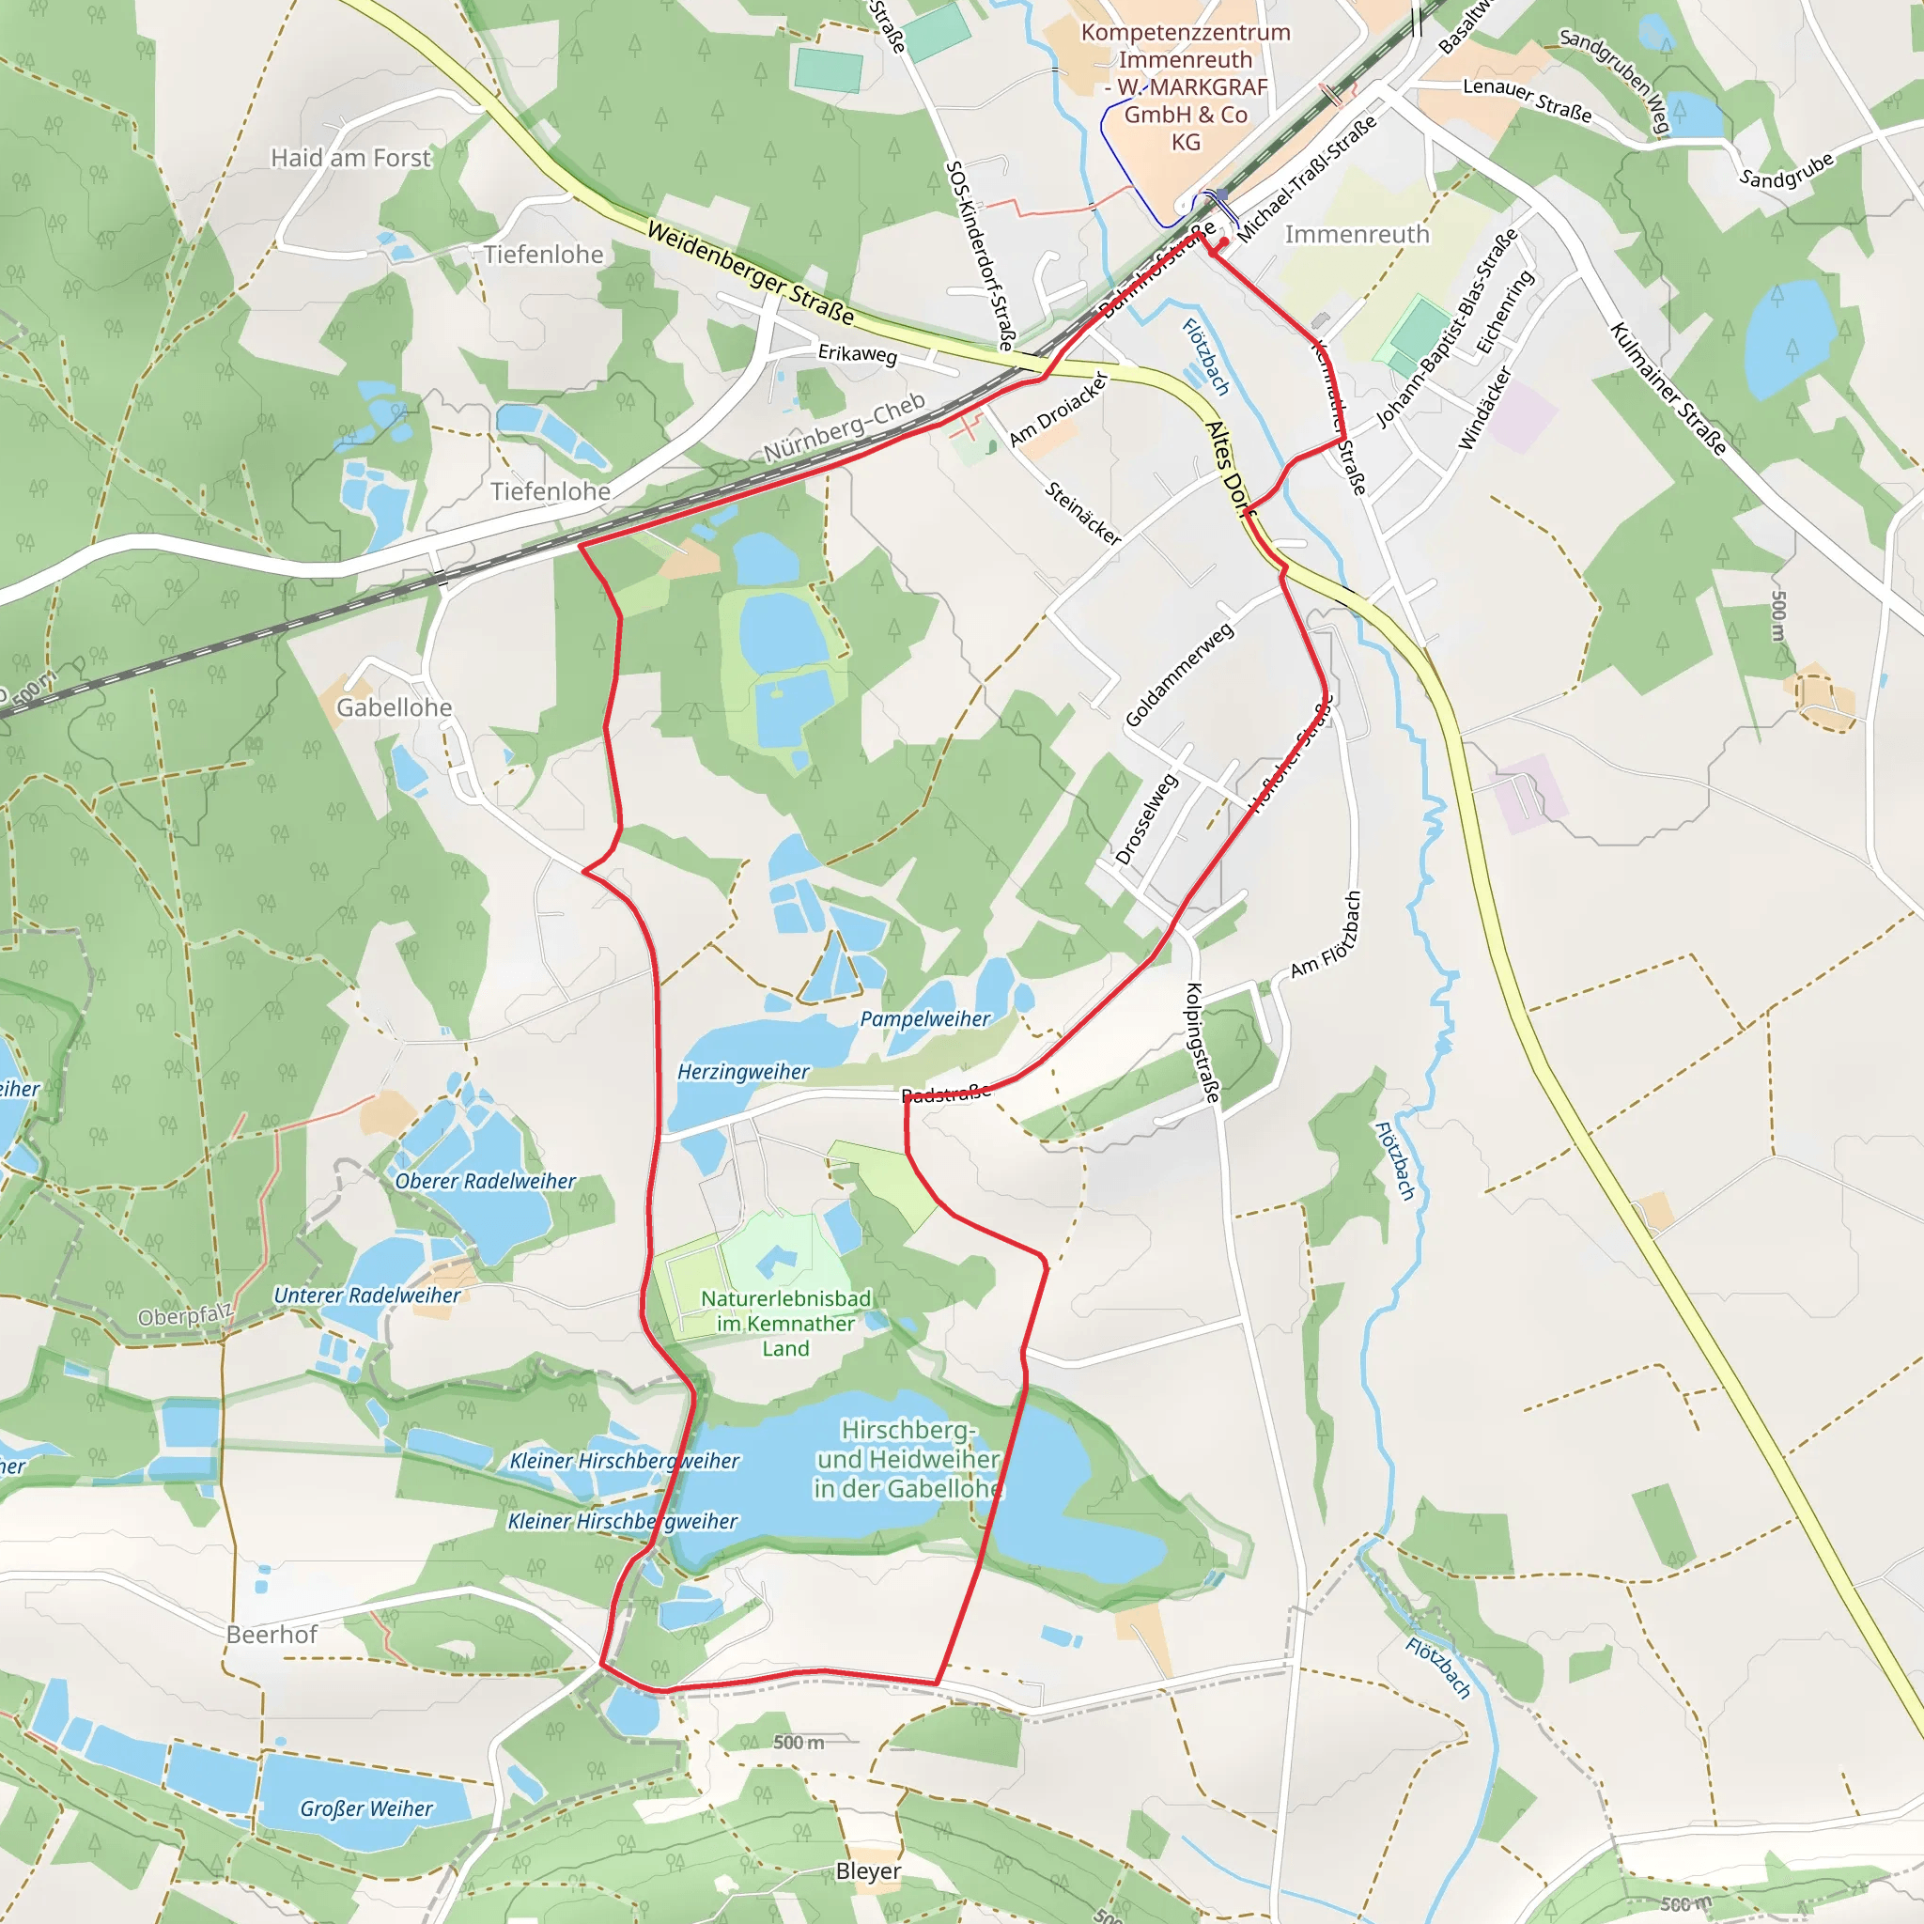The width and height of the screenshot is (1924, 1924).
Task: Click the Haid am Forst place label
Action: (x=350, y=159)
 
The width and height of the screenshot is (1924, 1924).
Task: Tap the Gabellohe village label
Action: (x=395, y=708)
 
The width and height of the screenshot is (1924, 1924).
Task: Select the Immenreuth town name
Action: (x=1357, y=235)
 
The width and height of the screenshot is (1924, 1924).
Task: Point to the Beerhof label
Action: (x=271, y=1636)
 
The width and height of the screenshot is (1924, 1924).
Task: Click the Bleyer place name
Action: (x=868, y=1871)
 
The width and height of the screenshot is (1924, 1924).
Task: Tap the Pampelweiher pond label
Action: (x=925, y=1018)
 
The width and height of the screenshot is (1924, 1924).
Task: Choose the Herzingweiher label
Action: (x=743, y=1073)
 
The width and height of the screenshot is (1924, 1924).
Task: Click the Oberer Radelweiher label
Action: (x=485, y=1181)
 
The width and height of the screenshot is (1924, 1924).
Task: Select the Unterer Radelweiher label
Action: (x=366, y=1296)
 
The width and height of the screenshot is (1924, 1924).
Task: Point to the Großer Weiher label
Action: (x=366, y=1808)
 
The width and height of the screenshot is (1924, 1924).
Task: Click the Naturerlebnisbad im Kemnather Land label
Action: (x=785, y=1324)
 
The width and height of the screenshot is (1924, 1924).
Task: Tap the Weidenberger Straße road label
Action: (x=750, y=272)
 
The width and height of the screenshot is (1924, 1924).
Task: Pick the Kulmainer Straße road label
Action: (x=1668, y=388)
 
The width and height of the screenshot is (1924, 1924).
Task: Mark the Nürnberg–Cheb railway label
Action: (x=845, y=427)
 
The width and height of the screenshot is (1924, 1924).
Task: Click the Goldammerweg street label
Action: (x=1179, y=675)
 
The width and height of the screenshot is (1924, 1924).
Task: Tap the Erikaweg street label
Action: (x=858, y=353)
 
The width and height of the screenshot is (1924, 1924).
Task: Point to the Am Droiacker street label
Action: (x=1058, y=410)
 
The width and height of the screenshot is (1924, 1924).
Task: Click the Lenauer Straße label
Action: (x=1527, y=101)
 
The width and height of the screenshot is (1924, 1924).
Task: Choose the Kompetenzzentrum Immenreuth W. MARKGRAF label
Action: (x=1185, y=86)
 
